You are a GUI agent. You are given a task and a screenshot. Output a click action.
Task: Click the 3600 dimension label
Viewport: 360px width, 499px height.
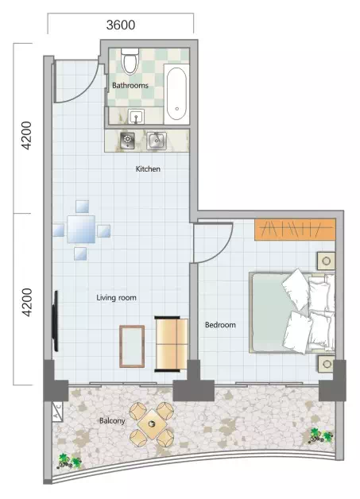(121, 25)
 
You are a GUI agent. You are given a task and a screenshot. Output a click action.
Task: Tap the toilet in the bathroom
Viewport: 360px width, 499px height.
(130, 60)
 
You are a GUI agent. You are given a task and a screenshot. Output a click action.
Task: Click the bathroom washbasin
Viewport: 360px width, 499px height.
(137, 117)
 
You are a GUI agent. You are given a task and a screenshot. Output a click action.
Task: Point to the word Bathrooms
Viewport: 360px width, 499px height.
(130, 85)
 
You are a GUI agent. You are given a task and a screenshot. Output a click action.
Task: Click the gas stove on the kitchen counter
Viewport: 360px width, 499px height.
(127, 141)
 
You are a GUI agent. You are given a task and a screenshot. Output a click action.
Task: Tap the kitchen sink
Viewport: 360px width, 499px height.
(156, 141)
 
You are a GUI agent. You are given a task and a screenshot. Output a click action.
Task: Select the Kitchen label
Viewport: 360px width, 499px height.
(148, 168)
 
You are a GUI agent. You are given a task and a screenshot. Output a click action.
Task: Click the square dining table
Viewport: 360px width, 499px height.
(81, 229)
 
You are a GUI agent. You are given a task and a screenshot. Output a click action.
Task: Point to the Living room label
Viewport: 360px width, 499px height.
(117, 297)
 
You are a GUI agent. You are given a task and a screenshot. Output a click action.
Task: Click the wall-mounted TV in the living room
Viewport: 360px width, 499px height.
(56, 321)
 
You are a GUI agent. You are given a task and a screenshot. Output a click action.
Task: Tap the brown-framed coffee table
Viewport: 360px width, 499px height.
(132, 346)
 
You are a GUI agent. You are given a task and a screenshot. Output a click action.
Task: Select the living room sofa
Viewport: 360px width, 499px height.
(171, 344)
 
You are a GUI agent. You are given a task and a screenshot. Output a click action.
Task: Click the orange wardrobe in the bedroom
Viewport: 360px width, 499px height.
(295, 230)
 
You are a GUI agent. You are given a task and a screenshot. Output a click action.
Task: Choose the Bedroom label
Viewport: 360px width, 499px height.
(220, 325)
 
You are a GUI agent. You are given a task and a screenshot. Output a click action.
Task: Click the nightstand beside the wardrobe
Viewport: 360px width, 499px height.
(326, 261)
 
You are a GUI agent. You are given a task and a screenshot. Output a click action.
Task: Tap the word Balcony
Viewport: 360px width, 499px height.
(112, 420)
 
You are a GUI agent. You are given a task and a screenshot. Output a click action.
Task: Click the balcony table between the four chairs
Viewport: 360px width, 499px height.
(152, 424)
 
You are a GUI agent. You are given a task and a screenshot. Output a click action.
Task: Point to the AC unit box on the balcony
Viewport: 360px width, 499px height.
(57, 411)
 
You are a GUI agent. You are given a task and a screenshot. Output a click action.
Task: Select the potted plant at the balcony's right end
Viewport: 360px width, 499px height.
(321, 435)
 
